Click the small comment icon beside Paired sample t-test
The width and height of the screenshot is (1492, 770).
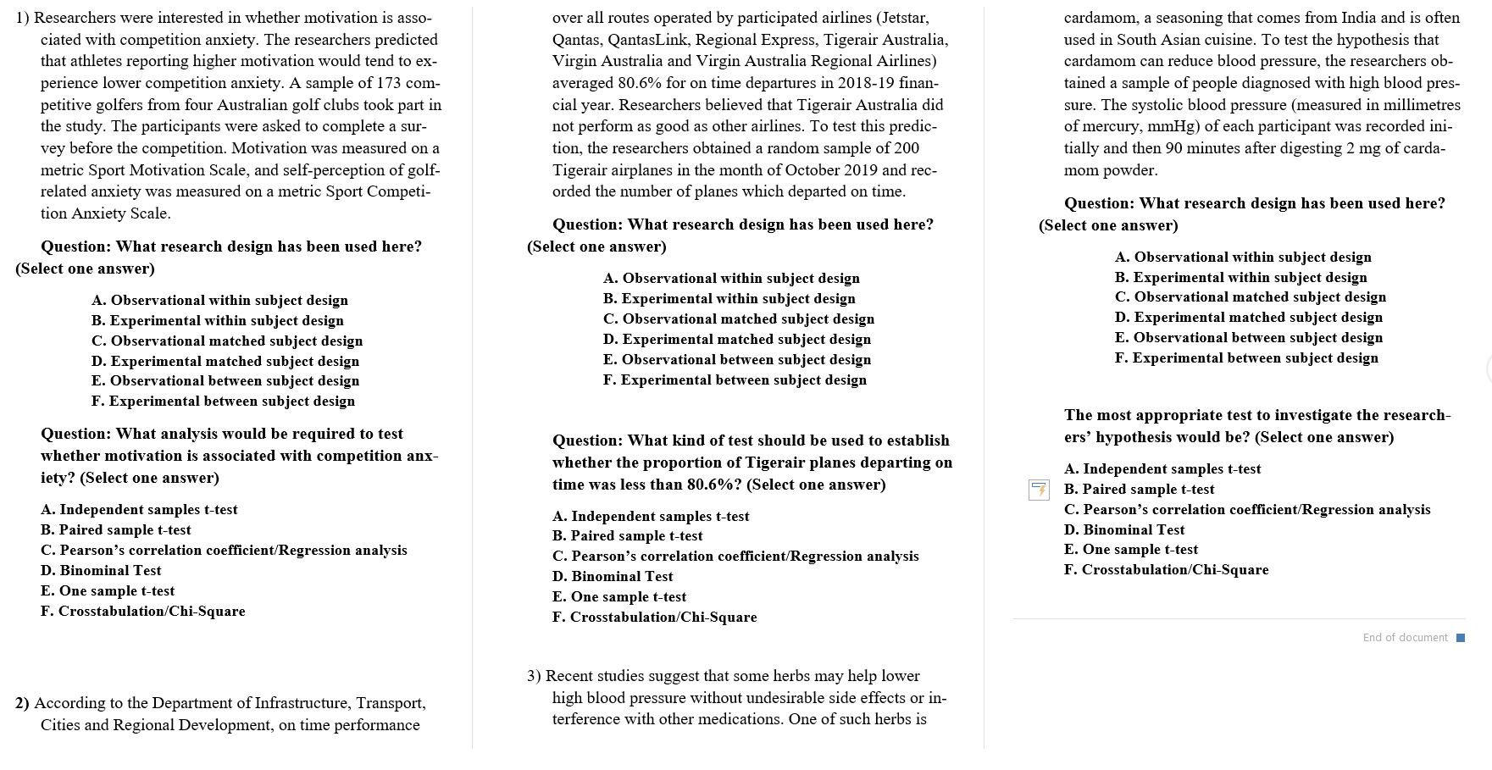click(1039, 490)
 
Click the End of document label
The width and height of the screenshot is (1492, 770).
click(1405, 638)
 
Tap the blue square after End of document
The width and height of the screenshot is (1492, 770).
click(1460, 638)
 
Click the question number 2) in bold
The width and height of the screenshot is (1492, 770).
click(23, 703)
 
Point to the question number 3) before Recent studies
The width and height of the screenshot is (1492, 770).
click(534, 676)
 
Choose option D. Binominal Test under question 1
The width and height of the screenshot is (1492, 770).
click(101, 571)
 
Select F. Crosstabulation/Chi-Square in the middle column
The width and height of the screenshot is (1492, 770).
click(654, 618)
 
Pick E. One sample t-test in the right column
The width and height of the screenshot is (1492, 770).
click(1130, 550)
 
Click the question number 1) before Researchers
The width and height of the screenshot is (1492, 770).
click(23, 18)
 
